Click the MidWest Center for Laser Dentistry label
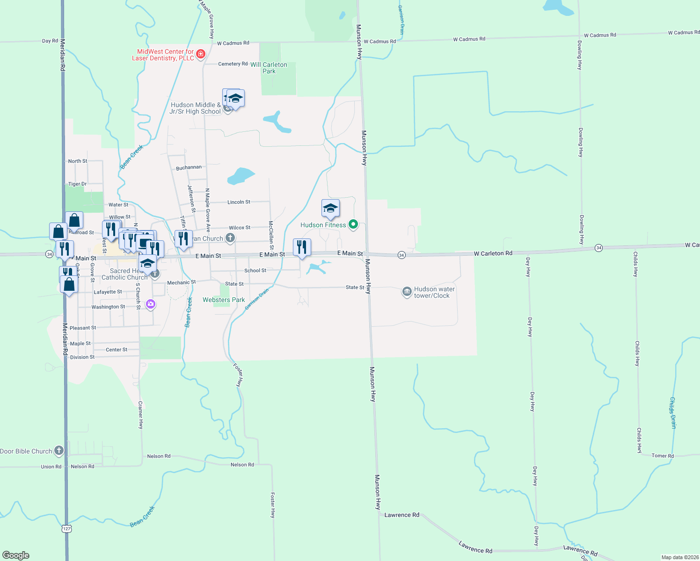point(163,55)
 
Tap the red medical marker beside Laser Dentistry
point(201,54)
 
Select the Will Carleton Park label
point(269,68)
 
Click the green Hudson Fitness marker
point(353,224)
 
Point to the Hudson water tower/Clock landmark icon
point(407,292)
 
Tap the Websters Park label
point(224,300)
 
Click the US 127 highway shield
point(67,528)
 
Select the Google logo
point(16,555)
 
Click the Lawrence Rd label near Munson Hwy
point(401,515)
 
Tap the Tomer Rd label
point(663,456)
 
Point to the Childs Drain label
point(673,413)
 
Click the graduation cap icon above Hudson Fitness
point(330,208)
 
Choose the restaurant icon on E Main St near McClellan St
point(302,246)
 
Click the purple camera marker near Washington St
point(150,304)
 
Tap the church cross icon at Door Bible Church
point(58,451)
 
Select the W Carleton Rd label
point(493,253)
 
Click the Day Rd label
point(50,41)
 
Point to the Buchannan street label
point(189,167)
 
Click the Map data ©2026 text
point(680,557)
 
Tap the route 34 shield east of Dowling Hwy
point(598,248)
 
